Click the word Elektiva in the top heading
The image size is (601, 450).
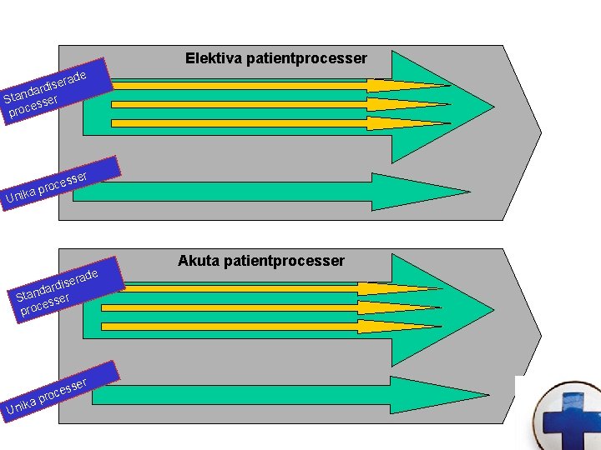pyautogui.click(x=211, y=58)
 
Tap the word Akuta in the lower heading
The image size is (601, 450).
pyautogui.click(x=199, y=261)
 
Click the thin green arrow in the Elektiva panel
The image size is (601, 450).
pyautogui.click(x=250, y=192)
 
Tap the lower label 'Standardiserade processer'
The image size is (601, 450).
pyautogui.click(x=55, y=292)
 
